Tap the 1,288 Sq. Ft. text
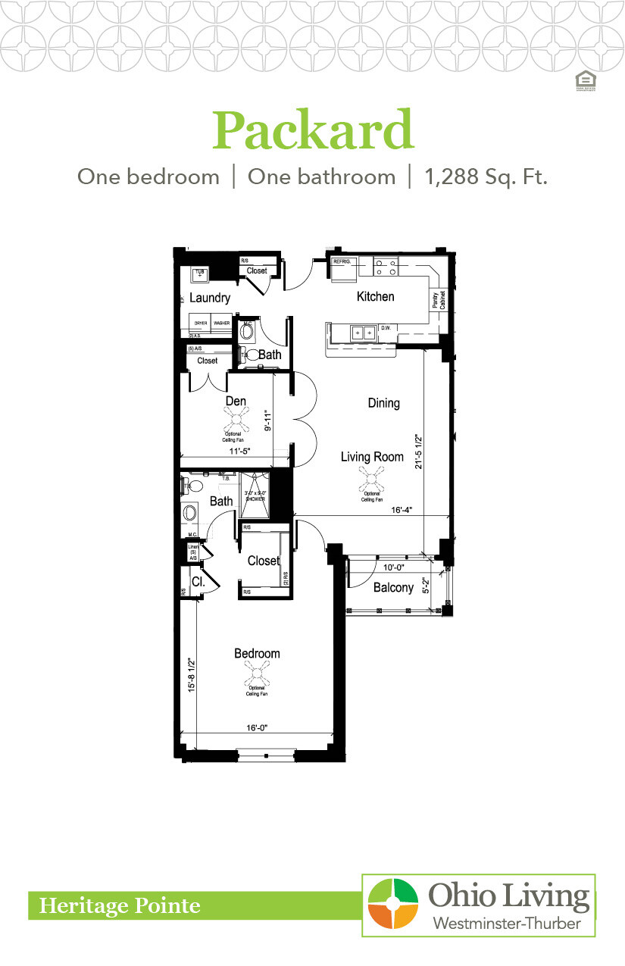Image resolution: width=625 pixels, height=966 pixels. click(486, 177)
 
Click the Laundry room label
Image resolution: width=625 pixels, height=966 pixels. click(210, 298)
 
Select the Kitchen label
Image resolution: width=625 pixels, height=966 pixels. click(375, 296)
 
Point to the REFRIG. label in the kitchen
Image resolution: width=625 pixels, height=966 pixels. click(342, 261)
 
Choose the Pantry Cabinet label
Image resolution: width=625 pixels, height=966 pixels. click(439, 301)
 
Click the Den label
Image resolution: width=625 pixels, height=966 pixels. click(235, 401)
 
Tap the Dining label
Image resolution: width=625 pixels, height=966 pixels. click(383, 403)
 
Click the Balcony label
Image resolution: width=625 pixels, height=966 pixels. click(393, 587)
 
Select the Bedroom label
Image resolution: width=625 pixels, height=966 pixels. click(257, 653)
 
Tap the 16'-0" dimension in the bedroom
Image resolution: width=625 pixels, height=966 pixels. click(257, 727)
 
